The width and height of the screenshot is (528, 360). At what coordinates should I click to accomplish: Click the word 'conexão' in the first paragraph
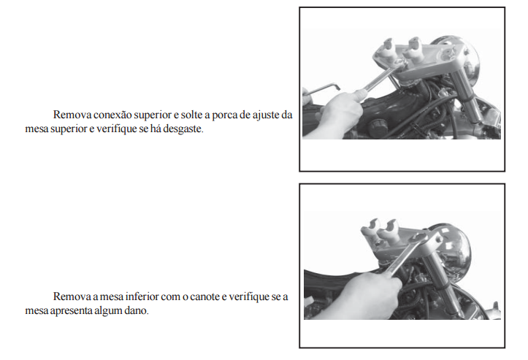click(x=112, y=115)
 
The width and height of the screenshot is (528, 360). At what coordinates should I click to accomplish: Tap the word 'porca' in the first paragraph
click(x=224, y=115)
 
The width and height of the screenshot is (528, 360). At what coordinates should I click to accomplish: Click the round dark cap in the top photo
click(x=377, y=128)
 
